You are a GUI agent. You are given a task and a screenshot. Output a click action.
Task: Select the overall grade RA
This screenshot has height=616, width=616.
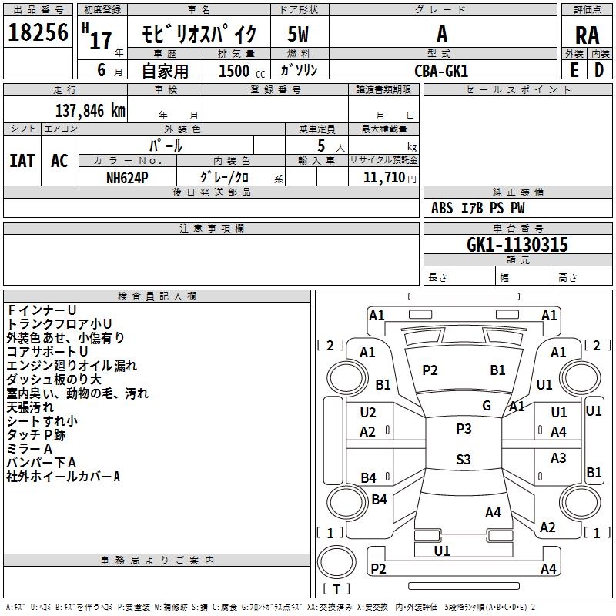587,35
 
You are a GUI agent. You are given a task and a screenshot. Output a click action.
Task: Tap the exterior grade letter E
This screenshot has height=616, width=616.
574,69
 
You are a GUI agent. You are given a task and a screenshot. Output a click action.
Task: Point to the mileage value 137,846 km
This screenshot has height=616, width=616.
90,110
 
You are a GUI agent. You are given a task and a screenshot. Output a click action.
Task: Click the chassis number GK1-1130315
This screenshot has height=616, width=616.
517,245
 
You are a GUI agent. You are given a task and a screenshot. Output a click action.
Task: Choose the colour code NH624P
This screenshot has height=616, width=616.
127,177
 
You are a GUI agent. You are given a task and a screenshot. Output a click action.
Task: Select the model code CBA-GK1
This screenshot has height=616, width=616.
441,70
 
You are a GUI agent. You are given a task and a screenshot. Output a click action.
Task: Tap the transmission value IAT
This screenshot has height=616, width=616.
22,160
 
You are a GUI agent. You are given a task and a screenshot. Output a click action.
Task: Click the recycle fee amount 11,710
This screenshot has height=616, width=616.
383,177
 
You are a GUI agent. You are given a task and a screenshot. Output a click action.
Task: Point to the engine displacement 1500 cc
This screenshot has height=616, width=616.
236,71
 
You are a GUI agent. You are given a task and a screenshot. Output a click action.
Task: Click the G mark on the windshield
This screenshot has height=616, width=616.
487,405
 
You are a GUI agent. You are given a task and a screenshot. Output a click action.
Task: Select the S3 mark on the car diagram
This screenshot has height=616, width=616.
463,460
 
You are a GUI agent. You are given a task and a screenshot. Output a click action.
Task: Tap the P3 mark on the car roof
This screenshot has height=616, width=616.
463,428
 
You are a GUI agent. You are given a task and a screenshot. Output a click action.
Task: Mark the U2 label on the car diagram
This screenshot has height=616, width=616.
368,413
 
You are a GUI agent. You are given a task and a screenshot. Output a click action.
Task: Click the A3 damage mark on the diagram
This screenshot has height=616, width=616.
558,458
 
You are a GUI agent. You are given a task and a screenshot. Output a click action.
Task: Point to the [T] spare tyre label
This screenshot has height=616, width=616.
336,589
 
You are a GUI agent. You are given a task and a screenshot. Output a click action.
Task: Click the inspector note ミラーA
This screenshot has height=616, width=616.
29,448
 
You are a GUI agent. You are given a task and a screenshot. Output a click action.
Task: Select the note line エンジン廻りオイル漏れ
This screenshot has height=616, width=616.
72,365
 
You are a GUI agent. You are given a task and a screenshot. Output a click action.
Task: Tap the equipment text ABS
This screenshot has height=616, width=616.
442,208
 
